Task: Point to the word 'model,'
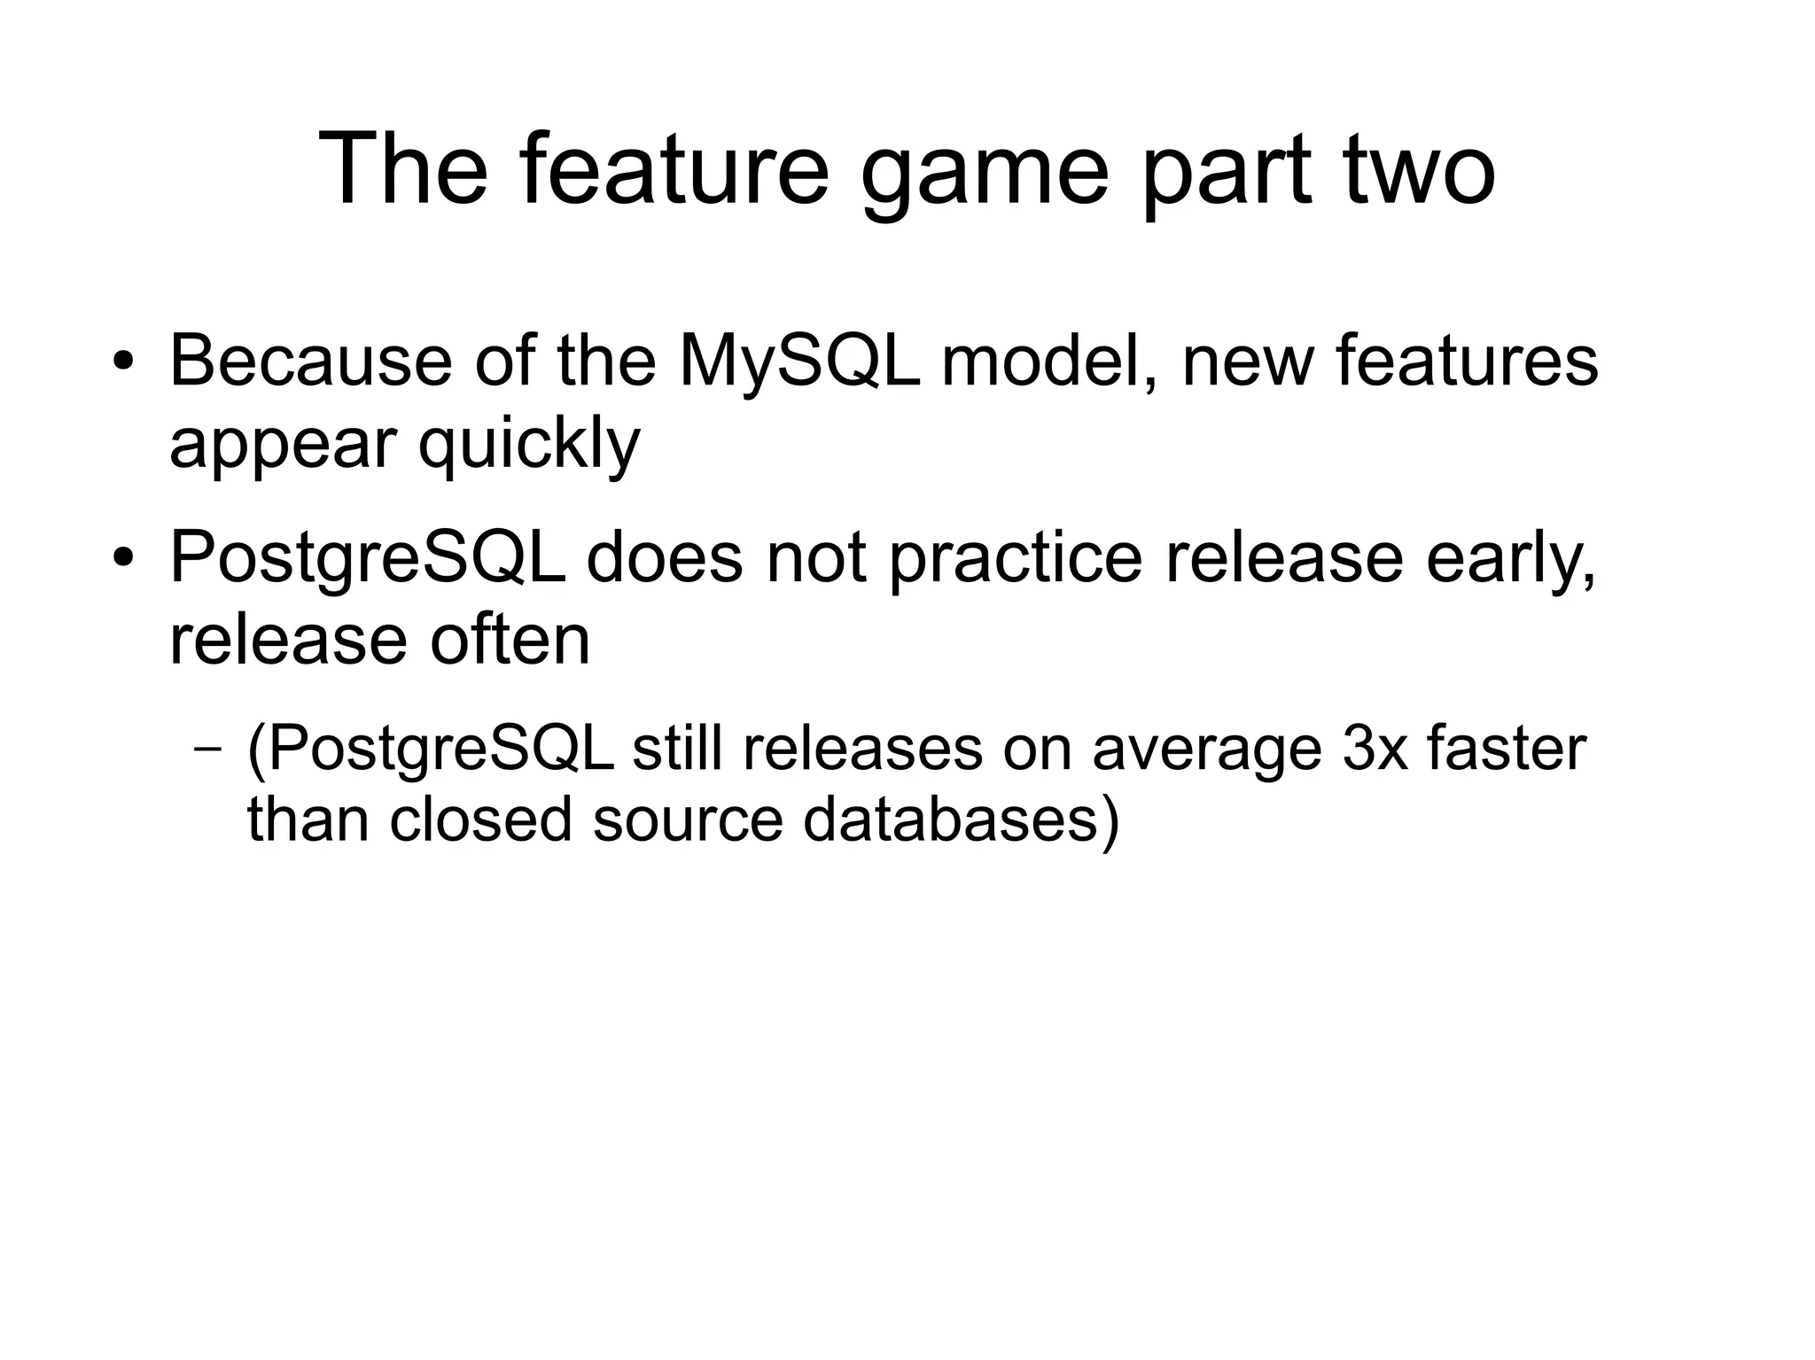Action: coord(1050,361)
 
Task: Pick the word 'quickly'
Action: coord(528,446)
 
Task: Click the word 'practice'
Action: coord(1016,560)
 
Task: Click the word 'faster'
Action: coord(1507,749)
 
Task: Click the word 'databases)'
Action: coord(962,820)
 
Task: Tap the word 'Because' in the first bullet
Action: coord(310,361)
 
